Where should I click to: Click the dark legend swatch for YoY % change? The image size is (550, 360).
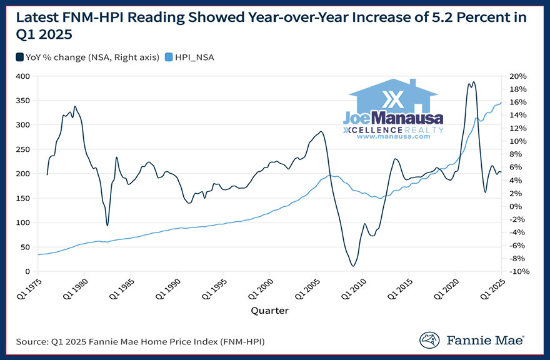pos(19,57)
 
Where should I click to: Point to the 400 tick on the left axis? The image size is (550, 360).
pos(24,76)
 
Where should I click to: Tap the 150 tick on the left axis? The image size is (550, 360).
pos(24,198)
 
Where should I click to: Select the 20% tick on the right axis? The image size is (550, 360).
pos(519,76)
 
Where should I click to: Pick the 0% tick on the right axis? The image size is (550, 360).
pos(516,206)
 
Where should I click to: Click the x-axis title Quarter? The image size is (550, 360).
pos(269,310)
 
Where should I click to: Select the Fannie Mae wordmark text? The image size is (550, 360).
pos(485,341)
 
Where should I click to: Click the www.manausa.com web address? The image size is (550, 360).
pos(394,136)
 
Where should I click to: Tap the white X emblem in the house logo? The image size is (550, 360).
pos(394,100)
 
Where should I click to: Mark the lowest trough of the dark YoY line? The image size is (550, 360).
pos(353,266)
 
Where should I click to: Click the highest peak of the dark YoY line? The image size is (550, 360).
pos(473,82)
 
